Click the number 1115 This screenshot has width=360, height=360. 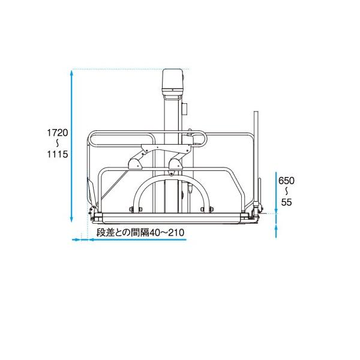point(59,154)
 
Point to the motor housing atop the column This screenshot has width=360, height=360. point(173,84)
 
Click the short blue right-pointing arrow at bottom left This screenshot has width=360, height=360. point(76,240)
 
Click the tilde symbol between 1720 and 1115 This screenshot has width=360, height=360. point(59,143)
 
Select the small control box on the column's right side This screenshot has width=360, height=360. point(185,107)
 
